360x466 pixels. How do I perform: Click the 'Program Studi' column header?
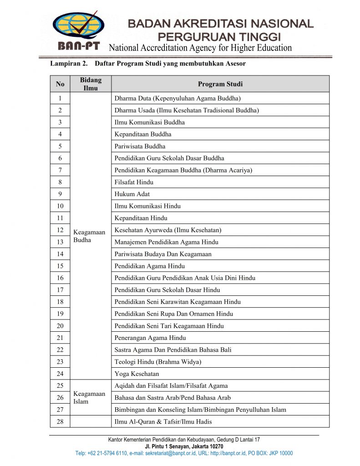tap(220, 84)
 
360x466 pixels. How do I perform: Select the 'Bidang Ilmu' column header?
tap(91, 84)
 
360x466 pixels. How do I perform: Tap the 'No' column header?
tap(60, 84)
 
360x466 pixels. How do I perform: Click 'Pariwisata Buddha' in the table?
tap(140, 146)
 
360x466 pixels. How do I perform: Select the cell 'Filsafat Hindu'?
tap(134, 182)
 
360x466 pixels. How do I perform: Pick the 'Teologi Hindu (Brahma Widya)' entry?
tap(157, 362)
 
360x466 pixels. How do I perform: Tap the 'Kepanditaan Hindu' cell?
tap(141, 218)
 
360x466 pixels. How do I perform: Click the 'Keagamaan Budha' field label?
tap(89, 236)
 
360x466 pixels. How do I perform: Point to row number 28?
tap(60, 421)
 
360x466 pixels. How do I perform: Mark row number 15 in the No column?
tap(60, 266)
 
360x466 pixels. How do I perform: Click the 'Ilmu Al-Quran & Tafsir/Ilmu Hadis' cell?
tap(163, 421)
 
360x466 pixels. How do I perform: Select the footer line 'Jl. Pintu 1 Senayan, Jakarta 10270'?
tap(184, 446)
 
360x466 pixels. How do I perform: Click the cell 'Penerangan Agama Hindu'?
tap(150, 338)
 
